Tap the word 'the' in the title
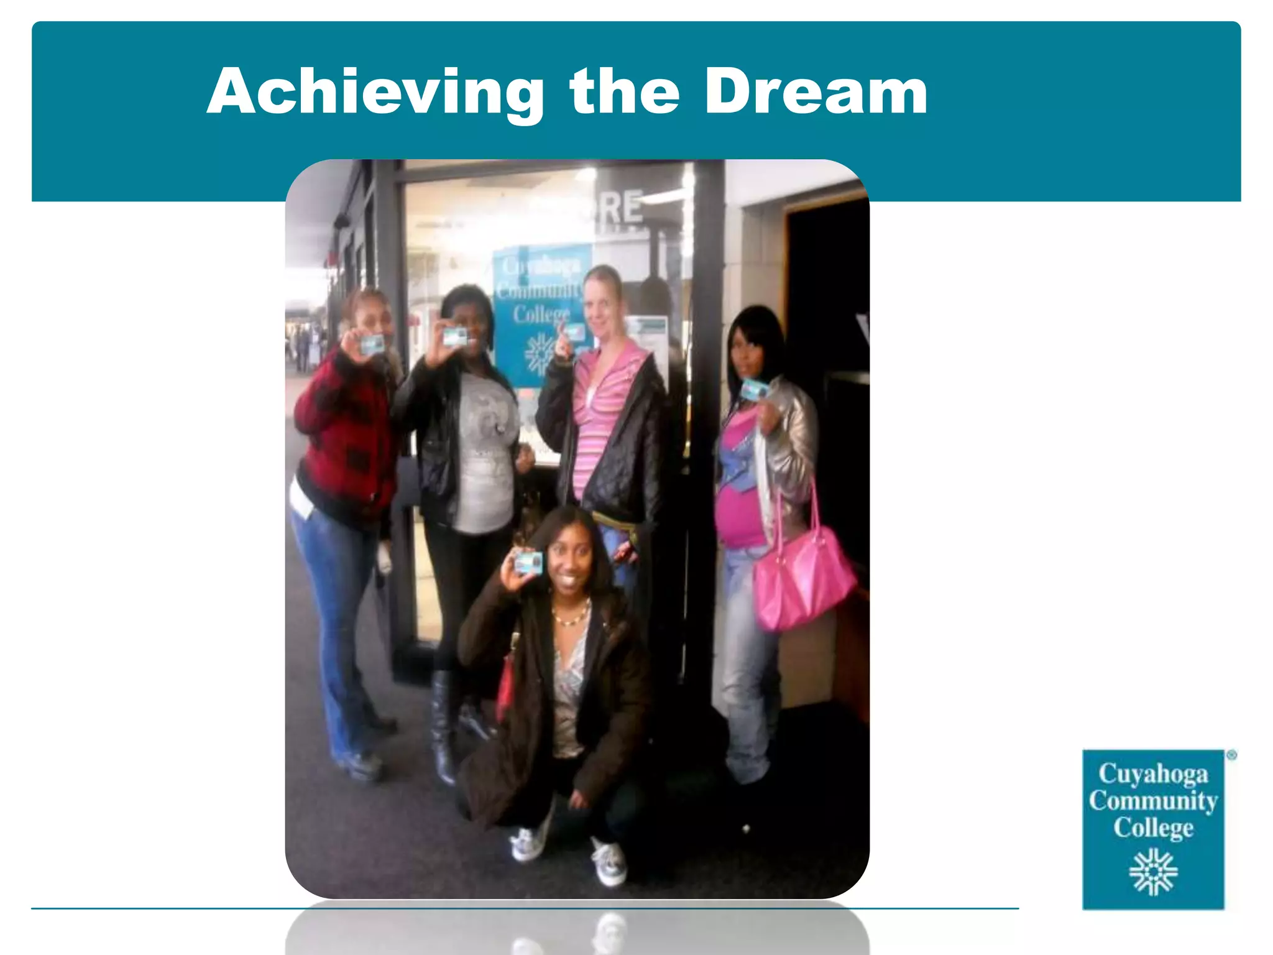coord(624,92)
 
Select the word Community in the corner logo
coord(1153,801)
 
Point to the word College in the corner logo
coord(1153,828)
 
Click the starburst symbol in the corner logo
coord(1153,872)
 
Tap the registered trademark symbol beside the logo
coord(1231,755)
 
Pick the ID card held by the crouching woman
coord(528,563)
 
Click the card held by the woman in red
coord(372,344)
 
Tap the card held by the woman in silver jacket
coord(755,389)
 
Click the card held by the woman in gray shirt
coord(455,336)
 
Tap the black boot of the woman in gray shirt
coord(443,727)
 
